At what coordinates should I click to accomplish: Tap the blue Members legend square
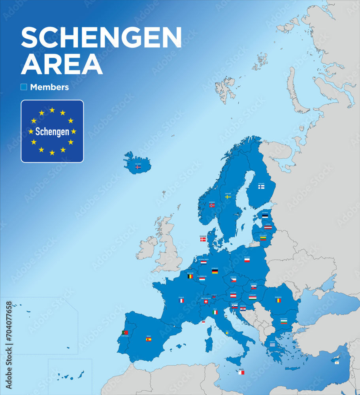point(24,87)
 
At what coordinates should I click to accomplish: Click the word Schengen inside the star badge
point(52,132)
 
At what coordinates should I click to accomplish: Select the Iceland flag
point(138,167)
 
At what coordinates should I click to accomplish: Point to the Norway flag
point(212,205)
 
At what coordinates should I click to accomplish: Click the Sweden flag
point(228,196)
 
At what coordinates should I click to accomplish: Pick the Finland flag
point(261,187)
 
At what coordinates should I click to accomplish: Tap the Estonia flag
point(265,216)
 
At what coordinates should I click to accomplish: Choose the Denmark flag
point(203,239)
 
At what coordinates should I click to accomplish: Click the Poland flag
point(247,260)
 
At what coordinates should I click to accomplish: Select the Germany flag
point(215,271)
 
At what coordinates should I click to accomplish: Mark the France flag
point(181,301)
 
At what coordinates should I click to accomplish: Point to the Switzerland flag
point(206,302)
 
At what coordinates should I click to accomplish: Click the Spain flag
point(149,339)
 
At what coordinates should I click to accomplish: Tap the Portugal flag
point(125,333)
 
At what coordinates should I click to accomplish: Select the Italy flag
point(215,312)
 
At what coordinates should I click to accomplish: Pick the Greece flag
point(273,344)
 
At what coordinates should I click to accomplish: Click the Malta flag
point(241,372)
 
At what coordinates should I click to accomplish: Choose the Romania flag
point(279,300)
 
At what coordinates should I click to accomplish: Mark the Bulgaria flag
point(284,322)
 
